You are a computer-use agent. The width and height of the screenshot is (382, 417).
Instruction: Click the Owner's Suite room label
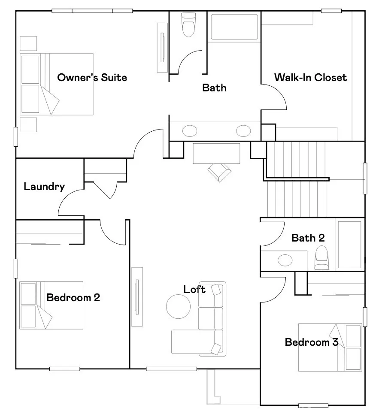point(92,78)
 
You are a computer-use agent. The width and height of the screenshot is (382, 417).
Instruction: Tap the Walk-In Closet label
point(310,78)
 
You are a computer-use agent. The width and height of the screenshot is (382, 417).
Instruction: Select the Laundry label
point(44,187)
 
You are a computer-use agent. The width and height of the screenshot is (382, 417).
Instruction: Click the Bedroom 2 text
point(73,297)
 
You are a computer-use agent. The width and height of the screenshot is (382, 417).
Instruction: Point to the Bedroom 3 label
point(312,342)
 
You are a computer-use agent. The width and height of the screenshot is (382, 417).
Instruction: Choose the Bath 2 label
point(308,237)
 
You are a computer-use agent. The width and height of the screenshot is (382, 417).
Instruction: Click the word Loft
point(194,290)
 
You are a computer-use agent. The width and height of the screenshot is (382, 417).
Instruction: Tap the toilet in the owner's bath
point(188,24)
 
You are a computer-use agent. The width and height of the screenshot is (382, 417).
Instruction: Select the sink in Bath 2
point(285,260)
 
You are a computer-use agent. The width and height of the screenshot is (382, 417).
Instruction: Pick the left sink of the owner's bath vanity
point(190,130)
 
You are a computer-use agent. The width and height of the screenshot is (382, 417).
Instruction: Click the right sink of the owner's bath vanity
point(243,130)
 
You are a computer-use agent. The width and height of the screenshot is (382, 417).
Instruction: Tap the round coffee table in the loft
point(179,306)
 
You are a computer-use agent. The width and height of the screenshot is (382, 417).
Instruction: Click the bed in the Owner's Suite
point(57,84)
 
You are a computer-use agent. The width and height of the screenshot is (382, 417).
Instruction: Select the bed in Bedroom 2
point(51,305)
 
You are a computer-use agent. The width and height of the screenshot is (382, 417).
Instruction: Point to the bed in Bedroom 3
point(330,347)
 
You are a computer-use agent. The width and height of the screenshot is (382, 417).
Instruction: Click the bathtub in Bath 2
point(349,245)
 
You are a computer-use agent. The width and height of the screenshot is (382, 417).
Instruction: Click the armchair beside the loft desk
point(219,172)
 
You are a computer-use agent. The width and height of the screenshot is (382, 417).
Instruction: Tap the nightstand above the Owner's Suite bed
point(29,44)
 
